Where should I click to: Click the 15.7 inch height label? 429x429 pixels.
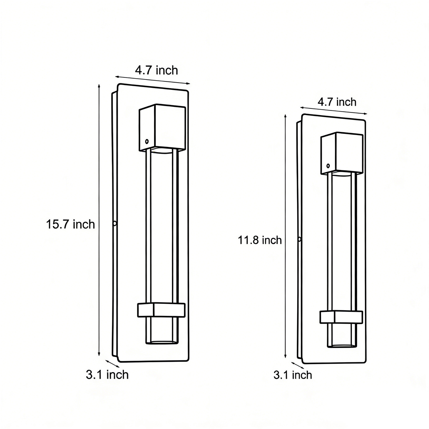(70, 224)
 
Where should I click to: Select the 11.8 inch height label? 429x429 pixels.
(260, 240)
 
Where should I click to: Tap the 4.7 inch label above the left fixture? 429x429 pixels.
(156, 70)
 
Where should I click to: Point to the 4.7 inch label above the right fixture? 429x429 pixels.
(337, 102)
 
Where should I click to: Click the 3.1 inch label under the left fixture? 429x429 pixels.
(107, 375)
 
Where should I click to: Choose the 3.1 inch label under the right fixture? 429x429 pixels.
(293, 375)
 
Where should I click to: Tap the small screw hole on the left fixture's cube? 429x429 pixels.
(147, 141)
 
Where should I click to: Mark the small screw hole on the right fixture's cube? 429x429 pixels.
(328, 166)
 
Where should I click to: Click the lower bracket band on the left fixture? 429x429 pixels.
(161, 310)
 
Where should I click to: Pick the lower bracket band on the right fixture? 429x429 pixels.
(342, 317)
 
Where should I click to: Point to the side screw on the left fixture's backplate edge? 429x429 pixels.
(115, 223)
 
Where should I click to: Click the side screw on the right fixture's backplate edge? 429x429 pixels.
(300, 239)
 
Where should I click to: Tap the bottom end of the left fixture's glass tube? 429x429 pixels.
(162, 341)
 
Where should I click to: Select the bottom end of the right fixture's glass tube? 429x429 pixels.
(342, 346)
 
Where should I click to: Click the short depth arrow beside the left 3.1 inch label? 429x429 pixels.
(112, 363)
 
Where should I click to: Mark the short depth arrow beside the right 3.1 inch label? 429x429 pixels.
(298, 365)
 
